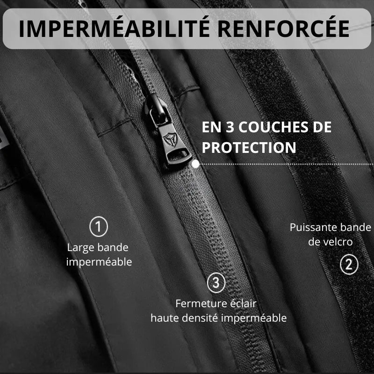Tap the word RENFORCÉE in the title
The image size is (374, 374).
(284, 29)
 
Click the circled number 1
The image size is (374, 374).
(99, 227)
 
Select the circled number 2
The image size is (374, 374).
(349, 265)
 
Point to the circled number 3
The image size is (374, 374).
(216, 283)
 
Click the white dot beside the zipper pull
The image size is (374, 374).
(195, 164)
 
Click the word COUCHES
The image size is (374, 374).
(274, 127)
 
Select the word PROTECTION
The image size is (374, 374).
(249, 147)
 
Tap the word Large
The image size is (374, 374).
(81, 248)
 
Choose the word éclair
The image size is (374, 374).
(243, 303)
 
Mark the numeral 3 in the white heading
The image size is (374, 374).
(230, 127)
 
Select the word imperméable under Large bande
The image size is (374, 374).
(99, 262)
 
